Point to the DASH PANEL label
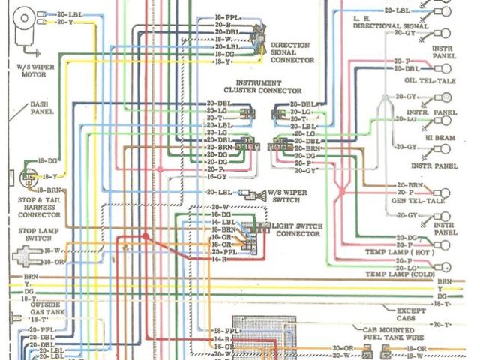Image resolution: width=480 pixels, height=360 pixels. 41,110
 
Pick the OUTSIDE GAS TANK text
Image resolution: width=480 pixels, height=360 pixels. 49,310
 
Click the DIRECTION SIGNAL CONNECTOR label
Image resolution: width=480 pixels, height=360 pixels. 292,52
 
